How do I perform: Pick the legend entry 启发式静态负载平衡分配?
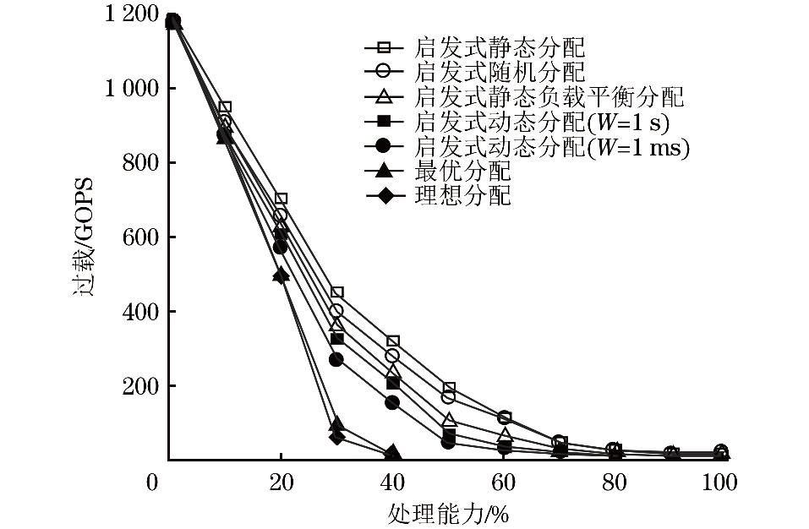(x=549, y=96)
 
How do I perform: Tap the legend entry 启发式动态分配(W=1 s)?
(x=542, y=123)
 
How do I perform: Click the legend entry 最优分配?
(x=463, y=172)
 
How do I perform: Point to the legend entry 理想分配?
(x=463, y=197)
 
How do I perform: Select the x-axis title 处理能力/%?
(x=448, y=511)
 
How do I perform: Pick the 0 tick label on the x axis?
(x=151, y=483)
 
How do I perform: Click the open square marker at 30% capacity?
(x=336, y=292)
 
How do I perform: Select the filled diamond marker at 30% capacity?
(x=336, y=437)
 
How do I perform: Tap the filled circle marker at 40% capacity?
(x=391, y=402)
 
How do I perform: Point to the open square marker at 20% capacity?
(x=282, y=199)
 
